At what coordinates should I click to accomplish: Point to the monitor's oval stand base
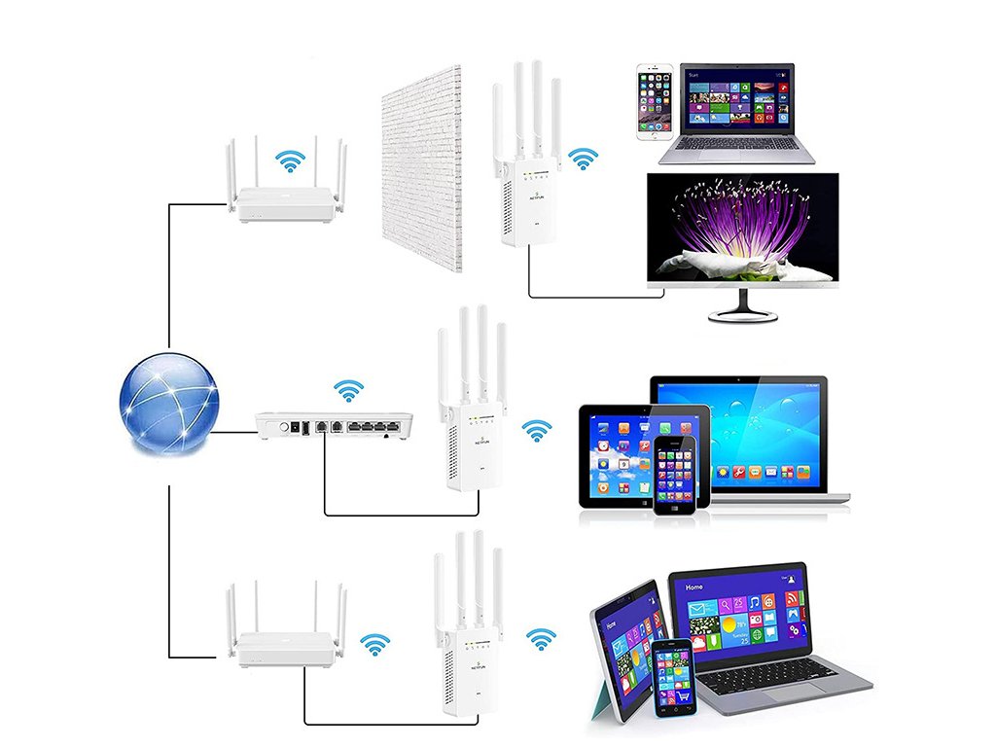pos(742,314)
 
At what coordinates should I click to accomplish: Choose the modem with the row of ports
pos(334,425)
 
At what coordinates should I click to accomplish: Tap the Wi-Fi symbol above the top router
pos(288,160)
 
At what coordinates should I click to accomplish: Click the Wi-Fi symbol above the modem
pos(348,391)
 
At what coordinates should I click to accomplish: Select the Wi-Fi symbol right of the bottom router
pos(374,644)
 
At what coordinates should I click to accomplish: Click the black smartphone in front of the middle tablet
pos(675,475)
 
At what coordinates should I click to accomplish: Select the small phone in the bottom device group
pos(671,679)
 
